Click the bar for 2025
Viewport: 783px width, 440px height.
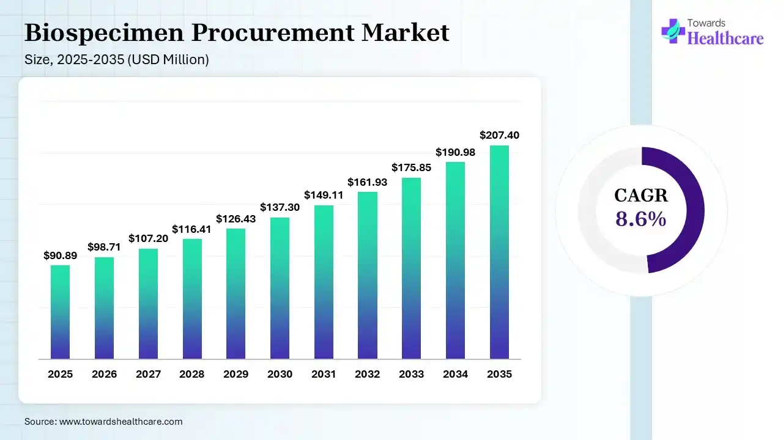point(60,312)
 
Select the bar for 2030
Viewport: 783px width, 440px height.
point(280,288)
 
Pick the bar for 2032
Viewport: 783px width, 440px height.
point(368,275)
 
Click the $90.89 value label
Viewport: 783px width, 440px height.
point(60,255)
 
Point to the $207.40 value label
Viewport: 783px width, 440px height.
point(499,135)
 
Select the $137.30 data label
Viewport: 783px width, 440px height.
point(280,207)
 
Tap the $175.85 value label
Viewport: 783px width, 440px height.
point(411,167)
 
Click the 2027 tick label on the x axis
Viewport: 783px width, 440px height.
point(148,374)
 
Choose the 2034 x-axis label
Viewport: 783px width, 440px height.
point(455,374)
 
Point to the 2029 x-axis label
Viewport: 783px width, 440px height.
point(236,374)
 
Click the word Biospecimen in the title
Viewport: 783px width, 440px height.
point(104,32)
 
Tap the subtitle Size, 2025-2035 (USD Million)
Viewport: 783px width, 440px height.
point(117,60)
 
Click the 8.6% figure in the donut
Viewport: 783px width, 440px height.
point(640,218)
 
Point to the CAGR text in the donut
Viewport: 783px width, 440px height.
point(640,196)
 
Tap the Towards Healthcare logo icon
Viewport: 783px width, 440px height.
point(674,31)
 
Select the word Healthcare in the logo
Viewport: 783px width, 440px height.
point(725,38)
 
